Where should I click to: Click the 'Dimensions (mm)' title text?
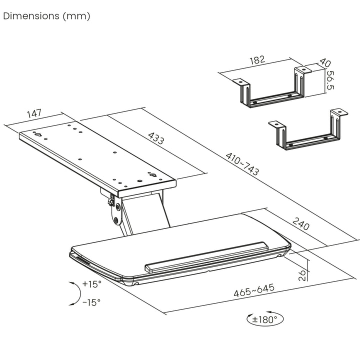pyautogui.click(x=46, y=16)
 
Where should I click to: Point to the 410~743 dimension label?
pyautogui.click(x=242, y=165)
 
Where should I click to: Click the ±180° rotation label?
pyautogui.click(x=265, y=319)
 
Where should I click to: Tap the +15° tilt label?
pyautogui.click(x=92, y=284)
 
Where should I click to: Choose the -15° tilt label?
pyautogui.click(x=91, y=302)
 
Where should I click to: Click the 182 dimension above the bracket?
pyautogui.click(x=256, y=60)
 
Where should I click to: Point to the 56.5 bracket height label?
pyautogui.click(x=330, y=81)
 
